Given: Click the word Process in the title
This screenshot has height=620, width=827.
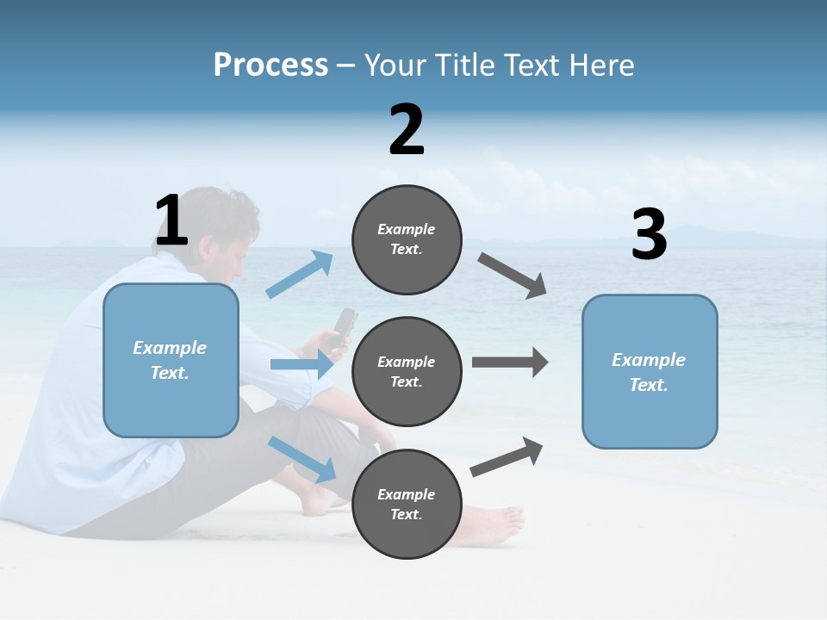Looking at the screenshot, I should click(270, 65).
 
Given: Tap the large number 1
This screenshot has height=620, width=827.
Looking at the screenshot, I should click(171, 221).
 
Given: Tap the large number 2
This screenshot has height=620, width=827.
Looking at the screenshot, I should click(407, 130).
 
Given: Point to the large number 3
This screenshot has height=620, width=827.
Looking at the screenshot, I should click(649, 235).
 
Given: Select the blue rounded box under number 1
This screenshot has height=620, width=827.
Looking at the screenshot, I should click(171, 360).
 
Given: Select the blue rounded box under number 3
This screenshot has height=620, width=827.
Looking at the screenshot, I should click(650, 371).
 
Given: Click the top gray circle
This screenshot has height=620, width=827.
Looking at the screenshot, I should click(407, 239).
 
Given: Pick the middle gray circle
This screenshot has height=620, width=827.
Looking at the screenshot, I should click(407, 371).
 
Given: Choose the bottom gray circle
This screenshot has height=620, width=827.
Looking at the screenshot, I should click(407, 504).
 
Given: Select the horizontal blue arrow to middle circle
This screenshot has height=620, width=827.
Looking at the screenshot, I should click(301, 364).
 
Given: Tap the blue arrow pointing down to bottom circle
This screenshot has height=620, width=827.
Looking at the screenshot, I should click(302, 458).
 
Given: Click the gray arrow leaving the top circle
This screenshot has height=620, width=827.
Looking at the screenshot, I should click(513, 276).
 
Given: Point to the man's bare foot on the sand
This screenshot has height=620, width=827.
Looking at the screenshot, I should click(495, 523).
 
